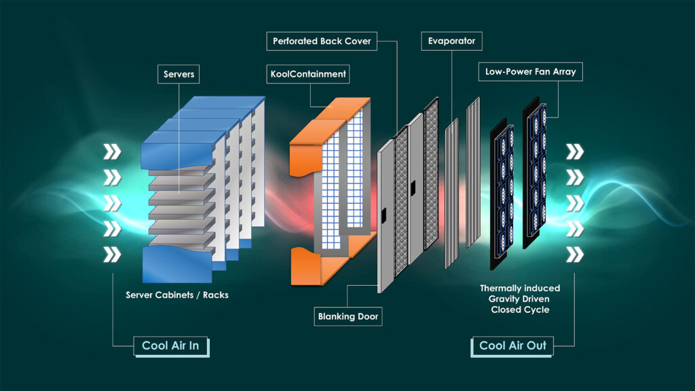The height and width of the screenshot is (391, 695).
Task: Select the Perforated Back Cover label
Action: click(322, 41)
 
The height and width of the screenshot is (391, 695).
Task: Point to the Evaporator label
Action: click(451, 41)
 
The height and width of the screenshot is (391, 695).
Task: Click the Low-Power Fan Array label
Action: click(531, 71)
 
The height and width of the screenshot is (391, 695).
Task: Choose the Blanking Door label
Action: click(348, 316)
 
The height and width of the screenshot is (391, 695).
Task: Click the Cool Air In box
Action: click(170, 346)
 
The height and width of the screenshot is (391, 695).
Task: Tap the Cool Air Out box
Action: click(512, 346)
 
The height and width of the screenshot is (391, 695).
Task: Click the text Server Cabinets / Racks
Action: click(176, 295)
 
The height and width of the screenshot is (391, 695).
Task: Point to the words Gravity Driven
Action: click(520, 299)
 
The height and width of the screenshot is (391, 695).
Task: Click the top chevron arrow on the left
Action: click(111, 151)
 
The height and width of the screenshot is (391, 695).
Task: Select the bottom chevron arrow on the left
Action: click(111, 255)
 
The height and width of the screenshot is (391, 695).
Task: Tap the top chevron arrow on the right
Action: click(575, 151)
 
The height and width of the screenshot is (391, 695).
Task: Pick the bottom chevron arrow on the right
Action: click(575, 255)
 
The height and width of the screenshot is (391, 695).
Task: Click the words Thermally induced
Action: click(520, 288)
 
